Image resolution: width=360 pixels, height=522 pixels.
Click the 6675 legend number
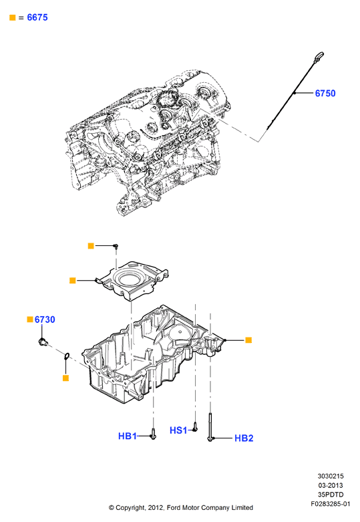(x=37, y=17)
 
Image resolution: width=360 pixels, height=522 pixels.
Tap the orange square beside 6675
(x=13, y=17)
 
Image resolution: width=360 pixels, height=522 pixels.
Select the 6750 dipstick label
(x=325, y=93)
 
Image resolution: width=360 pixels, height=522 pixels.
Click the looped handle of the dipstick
(x=319, y=56)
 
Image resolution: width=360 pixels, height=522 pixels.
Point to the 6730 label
(x=45, y=319)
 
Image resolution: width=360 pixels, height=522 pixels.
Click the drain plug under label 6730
(x=43, y=342)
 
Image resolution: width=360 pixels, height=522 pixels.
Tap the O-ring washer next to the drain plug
(x=66, y=356)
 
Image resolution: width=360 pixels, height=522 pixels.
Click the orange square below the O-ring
(x=66, y=378)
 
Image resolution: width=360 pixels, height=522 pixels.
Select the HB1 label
(x=128, y=436)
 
